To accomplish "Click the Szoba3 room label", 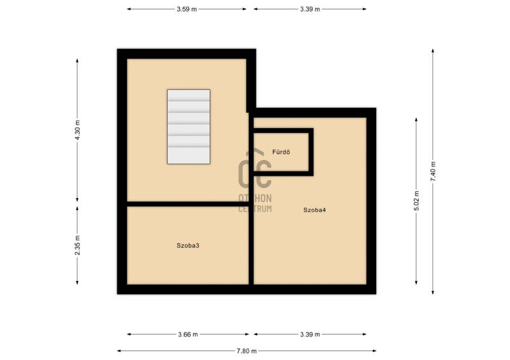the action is tap(188, 245).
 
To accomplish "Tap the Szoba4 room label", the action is tap(314, 210).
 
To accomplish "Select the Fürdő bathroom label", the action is tap(281, 152).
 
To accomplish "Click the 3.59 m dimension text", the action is tap(187, 9).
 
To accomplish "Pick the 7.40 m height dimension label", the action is tap(433, 171).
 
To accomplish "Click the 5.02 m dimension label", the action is tap(416, 201).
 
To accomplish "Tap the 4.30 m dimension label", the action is tap(77, 130).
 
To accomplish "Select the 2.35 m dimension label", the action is tap(77, 245).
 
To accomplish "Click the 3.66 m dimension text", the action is tap(188, 335).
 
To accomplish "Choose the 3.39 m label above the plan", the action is tap(310, 9).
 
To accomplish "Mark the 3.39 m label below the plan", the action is tap(310, 335).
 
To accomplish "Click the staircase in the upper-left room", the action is tap(189, 127).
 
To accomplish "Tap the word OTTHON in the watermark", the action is tap(255, 198).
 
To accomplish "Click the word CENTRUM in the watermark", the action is tap(255, 209).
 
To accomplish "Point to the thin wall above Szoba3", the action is tap(187, 204).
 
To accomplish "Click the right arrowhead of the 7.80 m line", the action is tap(374, 351).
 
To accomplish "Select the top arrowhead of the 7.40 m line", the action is tap(433, 51).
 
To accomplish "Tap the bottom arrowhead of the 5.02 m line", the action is tap(416, 282).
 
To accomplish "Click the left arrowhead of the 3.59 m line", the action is tap(129, 9).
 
